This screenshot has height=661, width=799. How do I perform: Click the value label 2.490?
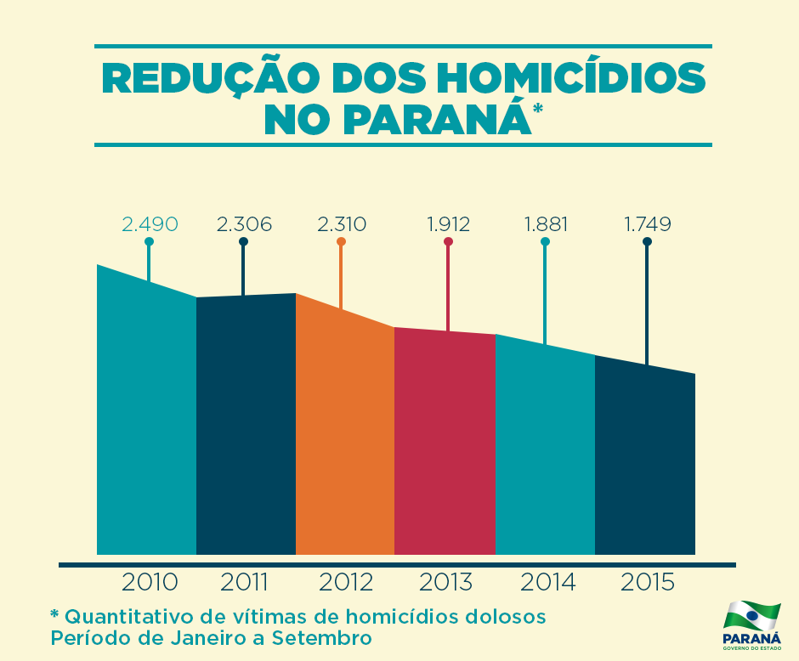pos(150,224)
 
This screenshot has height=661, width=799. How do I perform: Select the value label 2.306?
pos(244,224)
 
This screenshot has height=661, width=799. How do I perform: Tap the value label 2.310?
pos(342,224)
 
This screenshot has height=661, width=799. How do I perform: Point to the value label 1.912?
pos(448,224)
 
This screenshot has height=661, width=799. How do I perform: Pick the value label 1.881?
pos(546,224)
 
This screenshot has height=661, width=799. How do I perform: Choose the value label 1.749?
pos(648,224)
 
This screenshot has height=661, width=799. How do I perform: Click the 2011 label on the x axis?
pos(245,583)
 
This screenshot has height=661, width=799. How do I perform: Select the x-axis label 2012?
pos(346,583)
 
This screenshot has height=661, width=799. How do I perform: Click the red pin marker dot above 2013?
pos(448,242)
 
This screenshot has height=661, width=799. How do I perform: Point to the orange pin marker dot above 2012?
pos(341,242)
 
